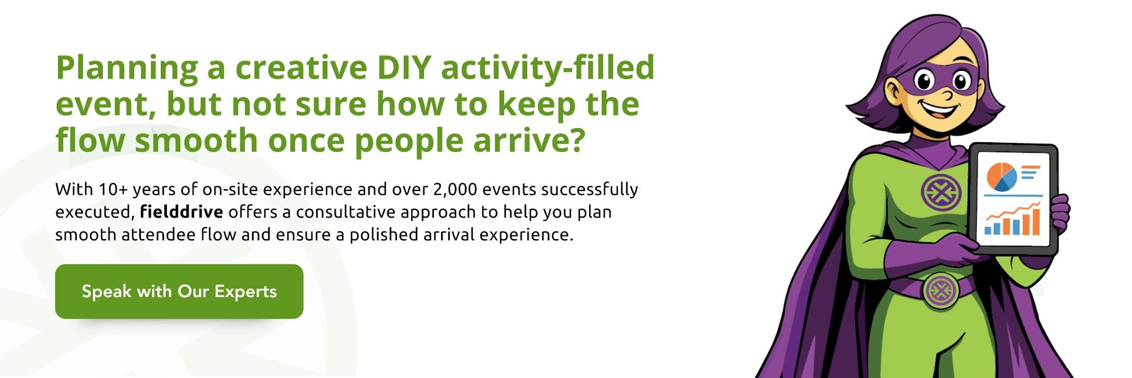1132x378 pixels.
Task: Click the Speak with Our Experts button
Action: click(x=179, y=291)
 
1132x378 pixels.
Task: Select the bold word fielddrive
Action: click(x=181, y=212)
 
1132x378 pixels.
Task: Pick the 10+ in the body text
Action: click(x=113, y=189)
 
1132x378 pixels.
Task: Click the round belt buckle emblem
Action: click(x=940, y=289)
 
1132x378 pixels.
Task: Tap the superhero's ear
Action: click(x=893, y=89)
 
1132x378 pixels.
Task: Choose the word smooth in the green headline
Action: click(x=196, y=141)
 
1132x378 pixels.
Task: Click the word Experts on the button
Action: click(x=245, y=292)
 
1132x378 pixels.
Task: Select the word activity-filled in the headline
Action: click(x=547, y=68)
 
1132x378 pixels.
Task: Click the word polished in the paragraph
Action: click(x=383, y=235)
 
